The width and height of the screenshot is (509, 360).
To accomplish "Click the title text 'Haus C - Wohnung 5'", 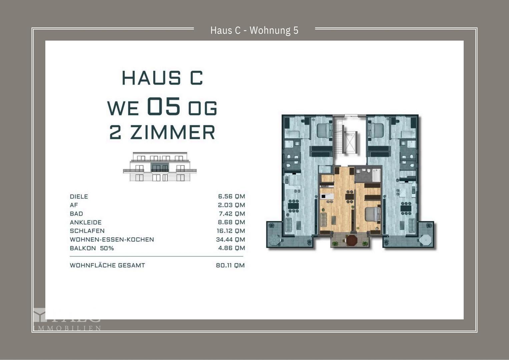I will tap(254, 30).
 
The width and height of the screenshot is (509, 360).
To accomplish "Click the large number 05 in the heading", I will tap(163, 107).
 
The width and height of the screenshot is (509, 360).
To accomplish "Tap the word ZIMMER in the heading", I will tap(172, 132).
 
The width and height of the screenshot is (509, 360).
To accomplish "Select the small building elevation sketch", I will tap(160, 167).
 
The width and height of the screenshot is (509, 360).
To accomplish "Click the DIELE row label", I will tap(79, 197).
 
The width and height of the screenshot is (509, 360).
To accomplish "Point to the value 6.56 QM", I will tap(231, 197).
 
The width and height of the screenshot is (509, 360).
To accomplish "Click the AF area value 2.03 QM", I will tap(231, 205).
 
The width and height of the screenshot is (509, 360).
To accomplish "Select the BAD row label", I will tap(76, 214).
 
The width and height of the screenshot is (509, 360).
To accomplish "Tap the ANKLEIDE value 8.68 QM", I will tap(231, 222).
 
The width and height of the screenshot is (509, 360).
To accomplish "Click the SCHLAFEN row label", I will tap(87, 231).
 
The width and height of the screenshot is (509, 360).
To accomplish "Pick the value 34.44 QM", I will tap(230, 240).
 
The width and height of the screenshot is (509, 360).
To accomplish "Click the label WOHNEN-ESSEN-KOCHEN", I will tap(112, 240).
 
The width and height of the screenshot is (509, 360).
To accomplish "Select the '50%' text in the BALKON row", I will tap(107, 248).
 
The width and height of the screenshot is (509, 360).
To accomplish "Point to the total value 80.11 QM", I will tap(230, 266).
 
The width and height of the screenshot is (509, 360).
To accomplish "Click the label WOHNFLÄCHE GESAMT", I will tap(107, 266).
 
